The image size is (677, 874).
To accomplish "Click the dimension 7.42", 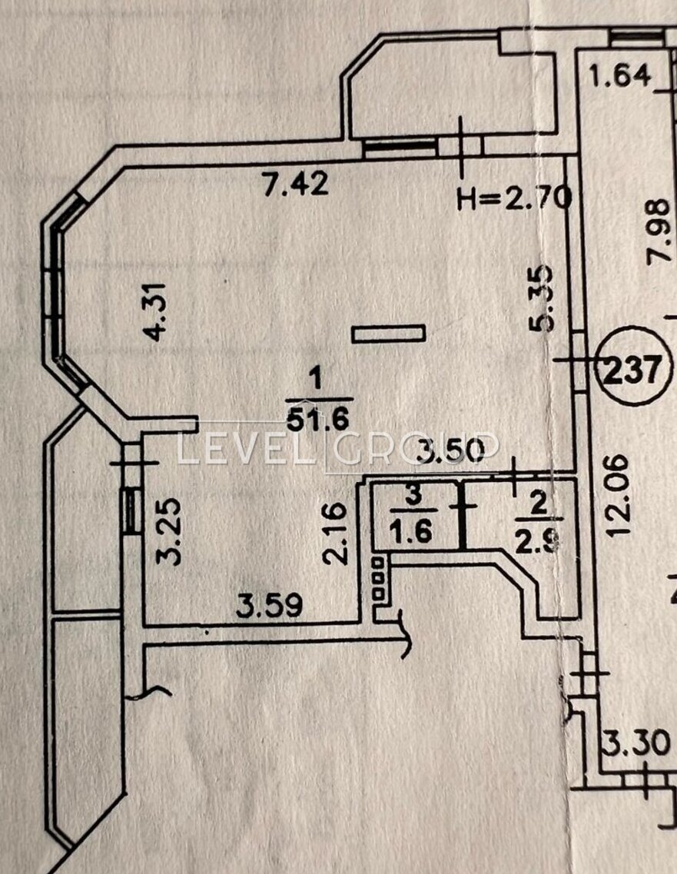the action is pos(296,184).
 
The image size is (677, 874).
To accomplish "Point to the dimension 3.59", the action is pos(270,605).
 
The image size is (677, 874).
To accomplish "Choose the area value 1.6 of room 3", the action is pos(412,531).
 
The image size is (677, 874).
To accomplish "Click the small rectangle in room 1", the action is pos(388,334).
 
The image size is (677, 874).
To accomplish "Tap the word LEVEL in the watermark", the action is pos(244,447).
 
